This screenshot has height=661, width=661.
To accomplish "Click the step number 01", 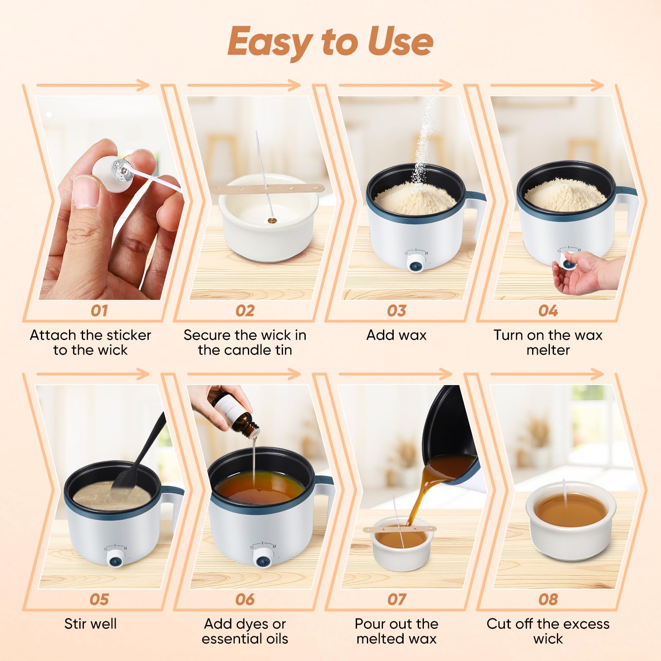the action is point(99,311).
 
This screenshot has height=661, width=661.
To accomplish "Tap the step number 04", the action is point(548,311).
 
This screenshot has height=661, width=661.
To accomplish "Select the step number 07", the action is point(397,599).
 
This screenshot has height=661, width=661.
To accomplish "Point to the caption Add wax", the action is point(397,335).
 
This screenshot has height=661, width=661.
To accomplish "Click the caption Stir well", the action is point(90,623).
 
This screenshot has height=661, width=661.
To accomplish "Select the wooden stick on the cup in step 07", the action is point(400,528).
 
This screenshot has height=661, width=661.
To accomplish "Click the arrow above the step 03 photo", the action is point(395,86).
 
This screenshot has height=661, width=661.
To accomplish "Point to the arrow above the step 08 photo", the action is point(547,374).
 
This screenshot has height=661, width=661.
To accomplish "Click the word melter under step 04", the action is point(548,350).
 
